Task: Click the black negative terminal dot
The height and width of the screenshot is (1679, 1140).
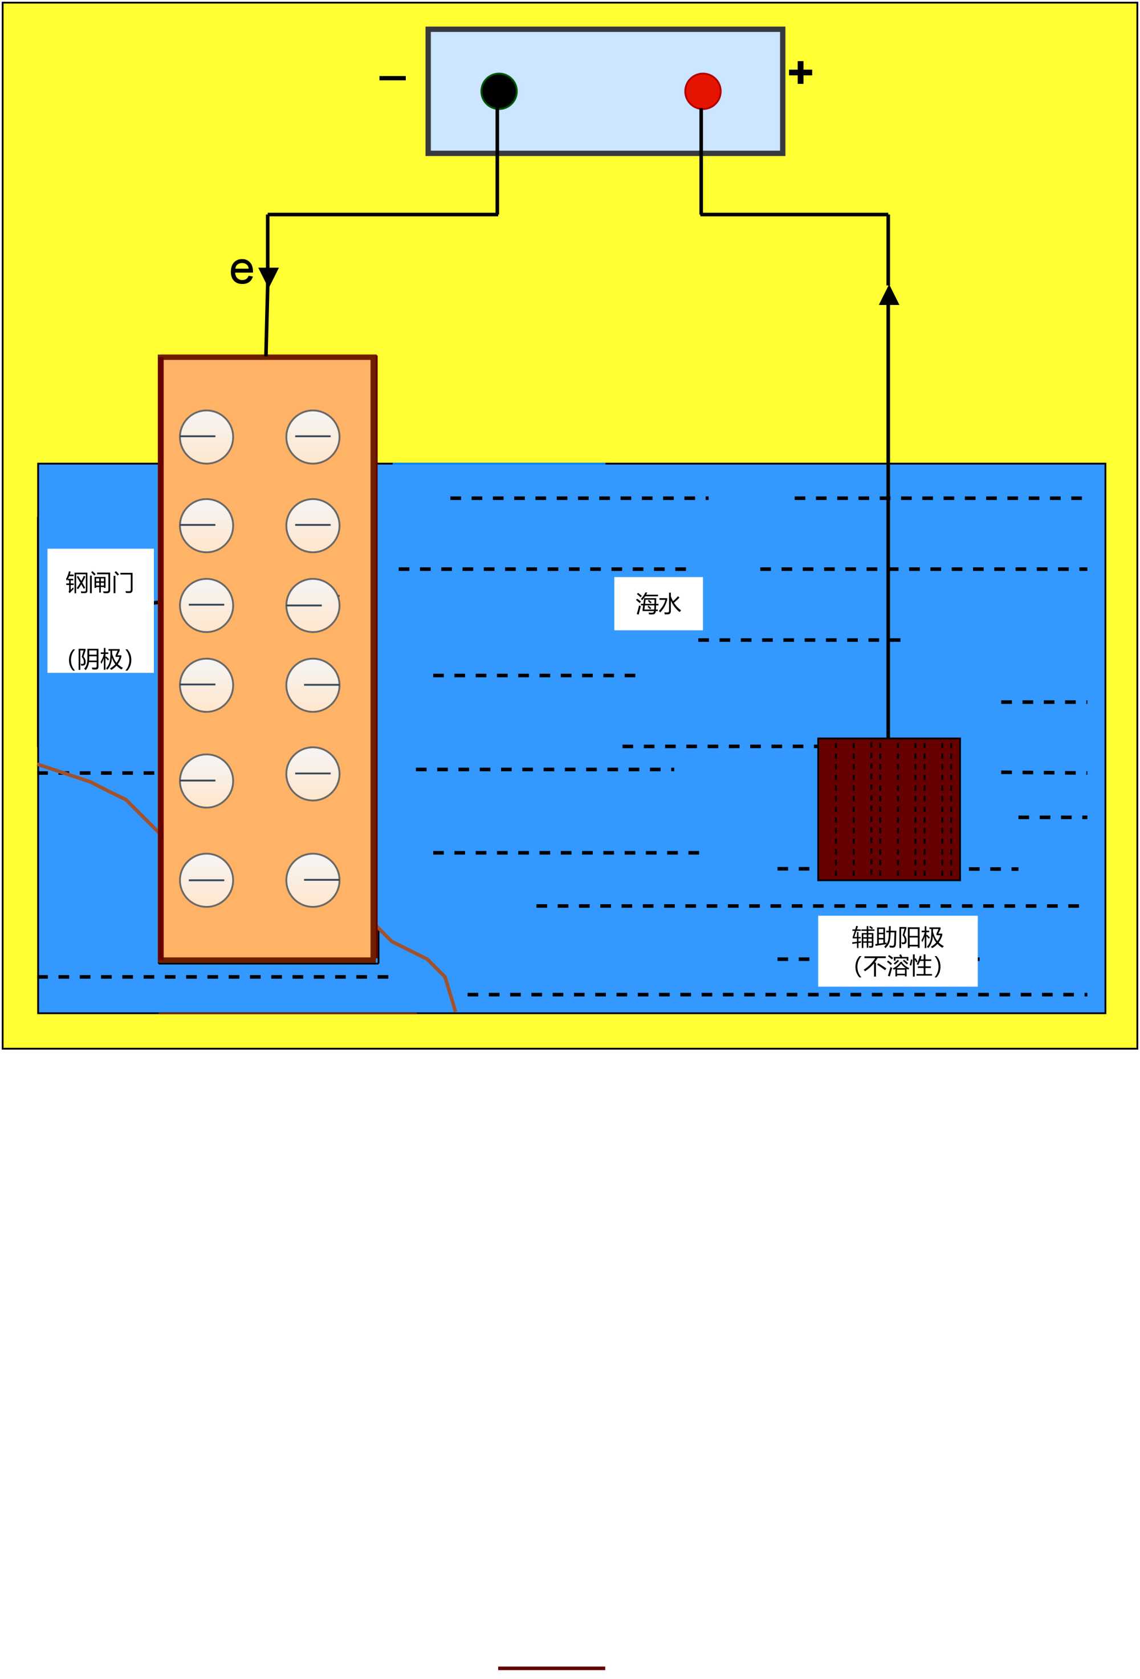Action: point(499,91)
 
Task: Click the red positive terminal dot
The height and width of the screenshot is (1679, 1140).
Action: point(702,91)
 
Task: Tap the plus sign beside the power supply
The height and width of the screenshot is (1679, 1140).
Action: point(800,72)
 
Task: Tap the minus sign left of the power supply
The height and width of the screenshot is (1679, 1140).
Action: point(392,78)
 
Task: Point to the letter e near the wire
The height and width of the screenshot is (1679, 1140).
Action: point(241,270)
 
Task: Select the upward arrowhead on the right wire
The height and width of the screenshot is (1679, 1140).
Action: point(889,295)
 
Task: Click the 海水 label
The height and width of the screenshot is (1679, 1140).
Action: point(658,603)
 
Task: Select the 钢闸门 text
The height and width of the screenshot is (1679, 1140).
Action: point(100,582)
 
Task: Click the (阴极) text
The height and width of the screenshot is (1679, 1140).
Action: point(100,658)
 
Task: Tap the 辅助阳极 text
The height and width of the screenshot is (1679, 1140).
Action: point(897,937)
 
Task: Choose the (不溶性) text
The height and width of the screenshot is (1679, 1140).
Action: point(897,966)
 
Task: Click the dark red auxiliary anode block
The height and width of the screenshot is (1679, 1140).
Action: point(889,809)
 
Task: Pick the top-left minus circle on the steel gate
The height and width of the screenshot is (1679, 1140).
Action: point(206,437)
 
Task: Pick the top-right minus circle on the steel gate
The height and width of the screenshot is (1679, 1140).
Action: point(313,437)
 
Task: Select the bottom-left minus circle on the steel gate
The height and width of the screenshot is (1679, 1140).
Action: point(206,880)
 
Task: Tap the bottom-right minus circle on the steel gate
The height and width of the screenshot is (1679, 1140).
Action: point(313,880)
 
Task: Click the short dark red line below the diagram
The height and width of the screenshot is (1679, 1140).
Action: point(551,1668)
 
